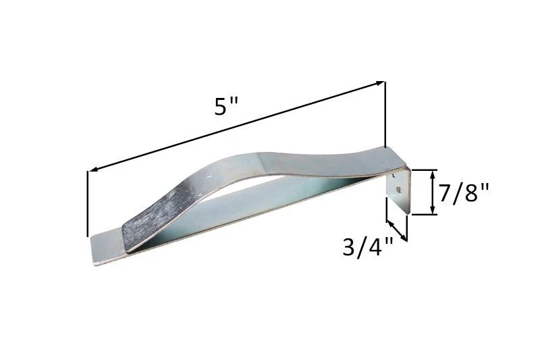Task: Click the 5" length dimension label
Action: click(226, 106)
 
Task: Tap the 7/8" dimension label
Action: click(464, 192)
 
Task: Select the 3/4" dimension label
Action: click(368, 247)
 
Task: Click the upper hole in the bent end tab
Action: click(394, 176)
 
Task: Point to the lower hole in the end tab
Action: click(398, 189)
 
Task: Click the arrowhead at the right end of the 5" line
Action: click(380, 83)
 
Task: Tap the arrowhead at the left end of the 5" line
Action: click(92, 169)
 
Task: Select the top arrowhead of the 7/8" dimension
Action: click(432, 174)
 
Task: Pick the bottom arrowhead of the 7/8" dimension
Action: click(432, 211)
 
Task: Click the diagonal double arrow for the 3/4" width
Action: click(397, 230)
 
